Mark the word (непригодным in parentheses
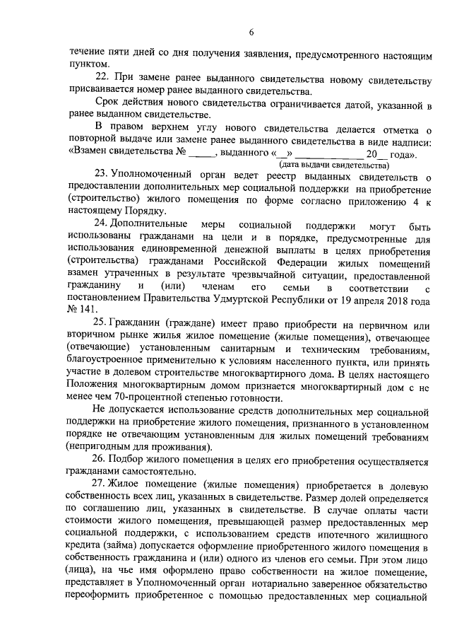point(98,446)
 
